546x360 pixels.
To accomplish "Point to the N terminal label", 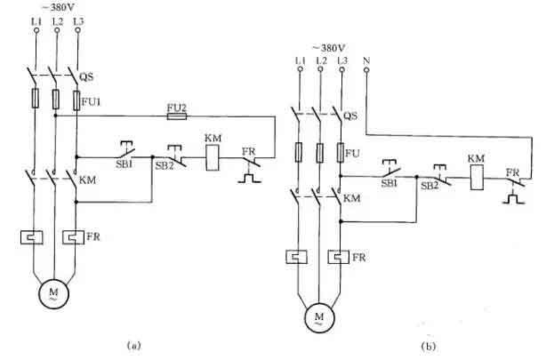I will [366, 60].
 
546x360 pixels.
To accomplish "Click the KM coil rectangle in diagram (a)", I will [213, 157].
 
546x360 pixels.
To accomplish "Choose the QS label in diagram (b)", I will [352, 115].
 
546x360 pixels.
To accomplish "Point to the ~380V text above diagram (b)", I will [328, 46].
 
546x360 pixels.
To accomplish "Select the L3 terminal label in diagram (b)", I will [342, 60].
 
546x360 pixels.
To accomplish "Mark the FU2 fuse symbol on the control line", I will [178, 116].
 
